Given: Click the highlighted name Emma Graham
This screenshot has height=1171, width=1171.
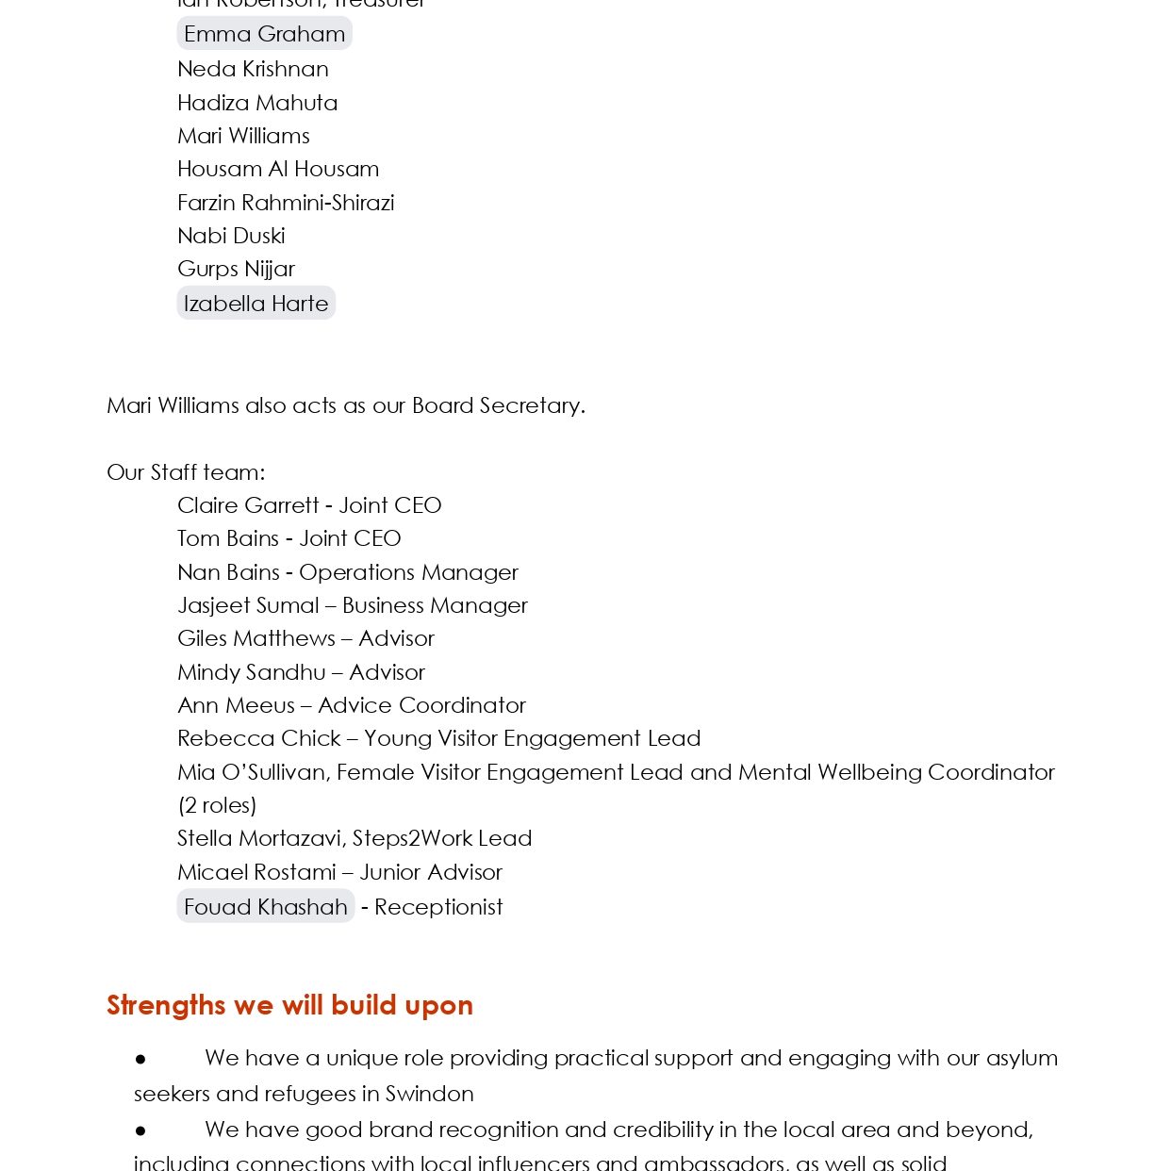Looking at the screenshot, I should (264, 34).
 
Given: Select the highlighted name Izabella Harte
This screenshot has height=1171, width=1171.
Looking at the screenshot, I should (256, 304).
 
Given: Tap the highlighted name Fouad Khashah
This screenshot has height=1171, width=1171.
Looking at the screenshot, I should (265, 907).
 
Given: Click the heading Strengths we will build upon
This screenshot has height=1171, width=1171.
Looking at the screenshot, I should (289, 1005).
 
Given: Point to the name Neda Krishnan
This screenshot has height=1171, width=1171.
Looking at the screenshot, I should (253, 69).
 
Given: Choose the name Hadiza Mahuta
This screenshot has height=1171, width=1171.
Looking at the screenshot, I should (256, 103).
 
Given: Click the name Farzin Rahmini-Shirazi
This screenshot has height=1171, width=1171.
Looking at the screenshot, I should (286, 203).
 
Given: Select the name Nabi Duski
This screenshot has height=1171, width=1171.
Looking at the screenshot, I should (231, 236).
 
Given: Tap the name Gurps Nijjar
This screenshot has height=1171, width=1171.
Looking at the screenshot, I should (236, 269).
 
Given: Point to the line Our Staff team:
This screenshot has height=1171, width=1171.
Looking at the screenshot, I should (186, 472).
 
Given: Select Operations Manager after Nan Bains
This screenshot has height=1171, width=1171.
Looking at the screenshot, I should (408, 572).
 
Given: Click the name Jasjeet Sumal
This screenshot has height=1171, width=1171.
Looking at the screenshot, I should (248, 605).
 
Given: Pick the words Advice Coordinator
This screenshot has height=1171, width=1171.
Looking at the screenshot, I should (421, 705).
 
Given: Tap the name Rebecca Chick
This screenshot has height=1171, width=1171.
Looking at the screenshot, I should (259, 738).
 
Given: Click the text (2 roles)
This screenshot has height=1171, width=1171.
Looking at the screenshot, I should (217, 805).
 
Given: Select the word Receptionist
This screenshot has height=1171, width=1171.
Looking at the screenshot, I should (438, 907).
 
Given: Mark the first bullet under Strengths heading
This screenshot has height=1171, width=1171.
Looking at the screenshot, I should (140, 1059).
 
